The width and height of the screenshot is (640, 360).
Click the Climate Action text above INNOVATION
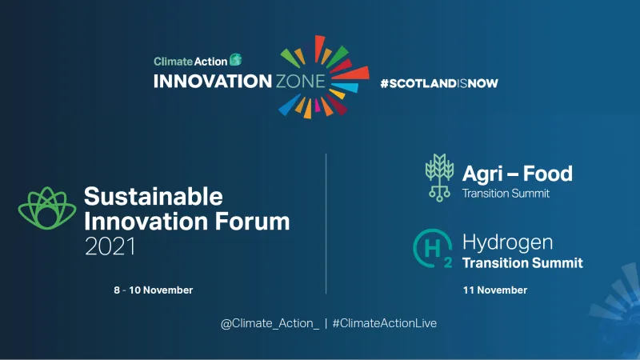(x=190, y=60)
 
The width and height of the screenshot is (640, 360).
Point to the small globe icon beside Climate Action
(x=236, y=59)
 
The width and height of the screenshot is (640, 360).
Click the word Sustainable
(x=154, y=196)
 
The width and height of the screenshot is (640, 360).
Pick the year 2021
(x=110, y=247)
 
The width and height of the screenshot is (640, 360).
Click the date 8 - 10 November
(x=154, y=290)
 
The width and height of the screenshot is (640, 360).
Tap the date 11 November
(x=494, y=290)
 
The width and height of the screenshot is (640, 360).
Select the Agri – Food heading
(x=517, y=173)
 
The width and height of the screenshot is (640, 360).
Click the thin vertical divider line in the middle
(x=326, y=224)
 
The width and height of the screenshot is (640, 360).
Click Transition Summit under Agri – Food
(x=506, y=193)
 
